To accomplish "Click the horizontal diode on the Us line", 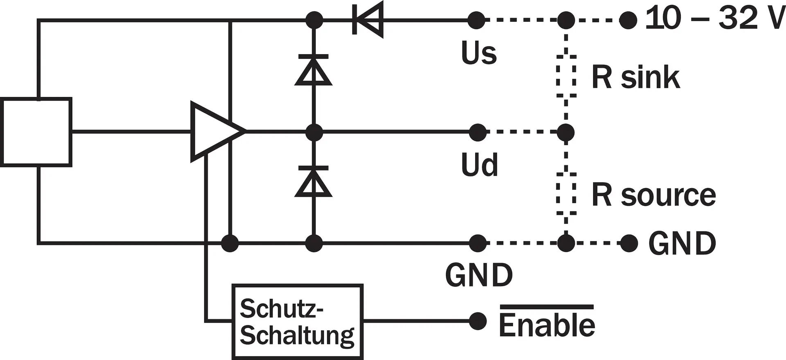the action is click(368, 20).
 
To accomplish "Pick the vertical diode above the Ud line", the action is click(314, 70).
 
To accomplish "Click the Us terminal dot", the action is click(476, 20).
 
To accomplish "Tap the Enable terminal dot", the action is click(477, 321).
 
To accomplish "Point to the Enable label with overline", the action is click(547, 321).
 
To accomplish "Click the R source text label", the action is click(654, 195).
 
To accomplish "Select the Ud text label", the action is click(479, 165).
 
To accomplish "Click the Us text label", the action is click(479, 53).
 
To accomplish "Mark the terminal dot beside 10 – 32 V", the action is click(628, 20).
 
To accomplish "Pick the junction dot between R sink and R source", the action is click(566, 132).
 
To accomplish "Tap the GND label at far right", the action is click(682, 243).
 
